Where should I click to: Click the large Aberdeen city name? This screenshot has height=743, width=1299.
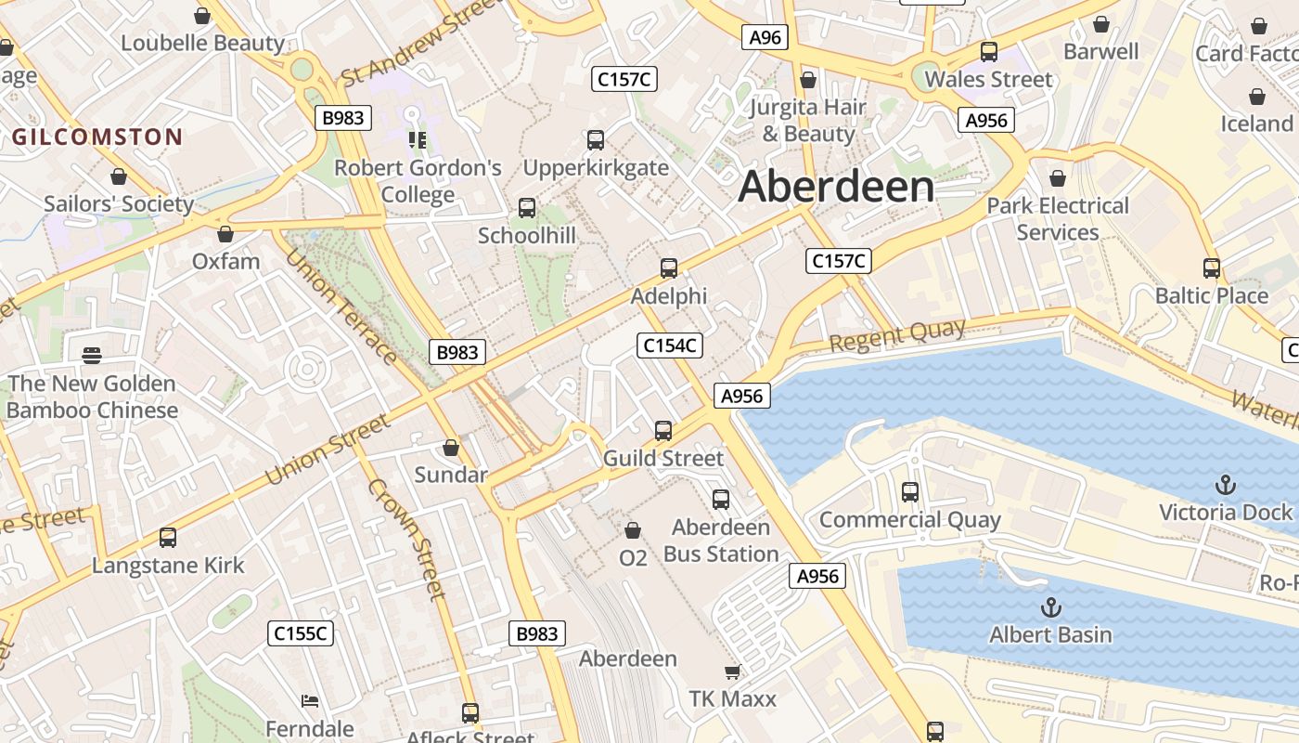tap(836, 187)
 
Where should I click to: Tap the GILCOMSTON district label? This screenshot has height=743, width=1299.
tap(96, 137)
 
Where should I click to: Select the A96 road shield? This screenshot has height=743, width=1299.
tap(765, 37)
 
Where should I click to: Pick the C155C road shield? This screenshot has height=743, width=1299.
tap(301, 633)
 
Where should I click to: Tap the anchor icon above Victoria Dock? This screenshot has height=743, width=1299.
tap(1226, 485)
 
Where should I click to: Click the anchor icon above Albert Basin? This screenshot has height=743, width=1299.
tap(1050, 607)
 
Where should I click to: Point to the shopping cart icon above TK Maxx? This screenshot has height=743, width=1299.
tap(732, 671)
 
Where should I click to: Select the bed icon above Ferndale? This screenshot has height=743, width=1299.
tap(310, 700)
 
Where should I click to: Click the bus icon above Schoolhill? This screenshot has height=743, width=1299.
tap(527, 208)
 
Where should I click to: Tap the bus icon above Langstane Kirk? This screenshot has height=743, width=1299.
tap(168, 537)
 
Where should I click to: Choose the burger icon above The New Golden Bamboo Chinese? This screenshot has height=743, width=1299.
tap(91, 355)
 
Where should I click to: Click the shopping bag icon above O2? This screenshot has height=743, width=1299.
tap(633, 530)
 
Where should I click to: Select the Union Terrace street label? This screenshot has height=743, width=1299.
tap(341, 306)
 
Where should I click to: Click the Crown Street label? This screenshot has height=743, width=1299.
tap(407, 539)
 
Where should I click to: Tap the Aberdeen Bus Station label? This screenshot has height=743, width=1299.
tap(721, 541)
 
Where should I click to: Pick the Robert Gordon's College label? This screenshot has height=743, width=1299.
tap(418, 181)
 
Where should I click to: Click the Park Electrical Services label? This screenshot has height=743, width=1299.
tap(1058, 218)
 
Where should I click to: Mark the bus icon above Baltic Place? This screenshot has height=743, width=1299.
tap(1211, 268)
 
